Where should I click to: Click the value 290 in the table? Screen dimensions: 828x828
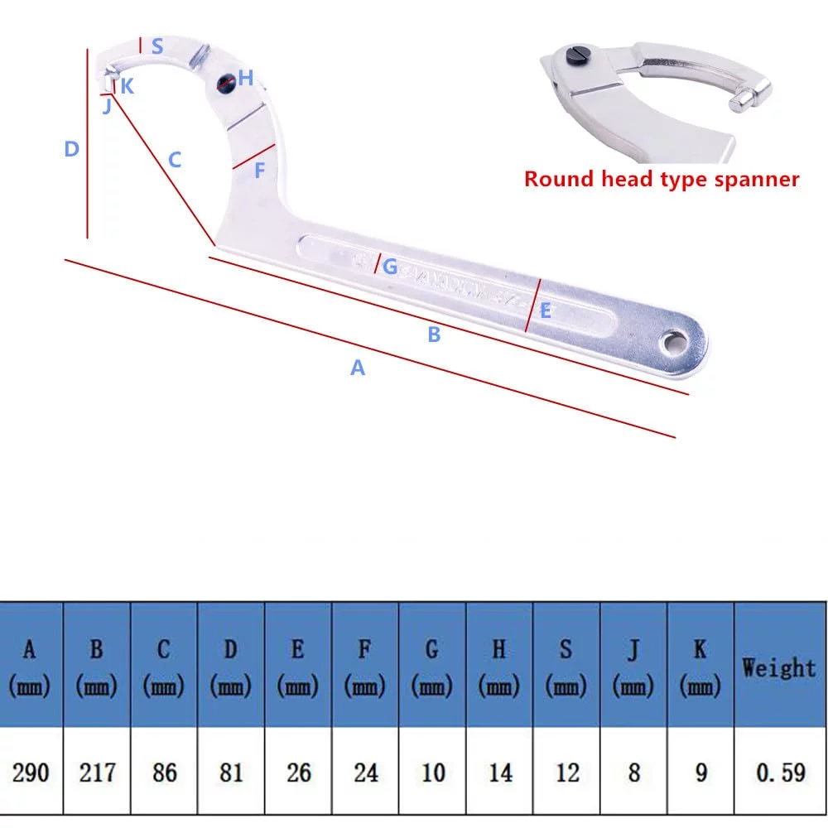[x=31, y=773]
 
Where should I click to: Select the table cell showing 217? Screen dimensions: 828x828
[x=98, y=773]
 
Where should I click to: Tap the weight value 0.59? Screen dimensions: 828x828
[x=780, y=773]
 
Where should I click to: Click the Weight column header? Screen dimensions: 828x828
[x=778, y=667]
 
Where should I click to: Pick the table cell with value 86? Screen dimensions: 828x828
[x=165, y=773]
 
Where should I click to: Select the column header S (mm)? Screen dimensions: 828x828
[x=566, y=667]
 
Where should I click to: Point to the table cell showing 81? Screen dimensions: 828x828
[x=231, y=773]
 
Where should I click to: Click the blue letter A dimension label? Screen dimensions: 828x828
[x=357, y=368]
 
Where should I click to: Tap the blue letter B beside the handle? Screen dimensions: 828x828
[x=434, y=335]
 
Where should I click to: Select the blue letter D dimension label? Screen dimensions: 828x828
[x=72, y=150]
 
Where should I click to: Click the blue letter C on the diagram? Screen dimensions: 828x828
[x=174, y=160]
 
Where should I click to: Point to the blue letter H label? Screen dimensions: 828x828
[x=246, y=79]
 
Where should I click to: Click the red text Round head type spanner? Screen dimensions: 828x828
[x=662, y=179]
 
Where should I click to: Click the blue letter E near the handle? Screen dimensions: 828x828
[x=545, y=311]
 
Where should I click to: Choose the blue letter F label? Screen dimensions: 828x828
[x=259, y=171]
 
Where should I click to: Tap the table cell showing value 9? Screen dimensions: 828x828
[x=700, y=773]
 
